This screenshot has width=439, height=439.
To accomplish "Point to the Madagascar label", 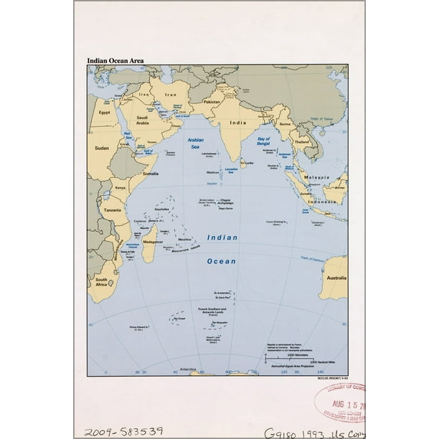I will point(154,241).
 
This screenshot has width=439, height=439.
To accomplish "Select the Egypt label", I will point(105,113).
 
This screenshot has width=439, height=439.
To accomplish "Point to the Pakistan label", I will point(212,102).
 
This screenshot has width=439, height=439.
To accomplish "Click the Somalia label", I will point(151,173).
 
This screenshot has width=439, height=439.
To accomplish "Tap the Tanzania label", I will point(112,209).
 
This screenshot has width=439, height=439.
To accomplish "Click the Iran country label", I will point(170,95).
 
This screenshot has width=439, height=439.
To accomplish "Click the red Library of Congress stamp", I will point(339,405).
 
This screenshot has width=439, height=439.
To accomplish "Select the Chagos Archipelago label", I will point(227,204).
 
